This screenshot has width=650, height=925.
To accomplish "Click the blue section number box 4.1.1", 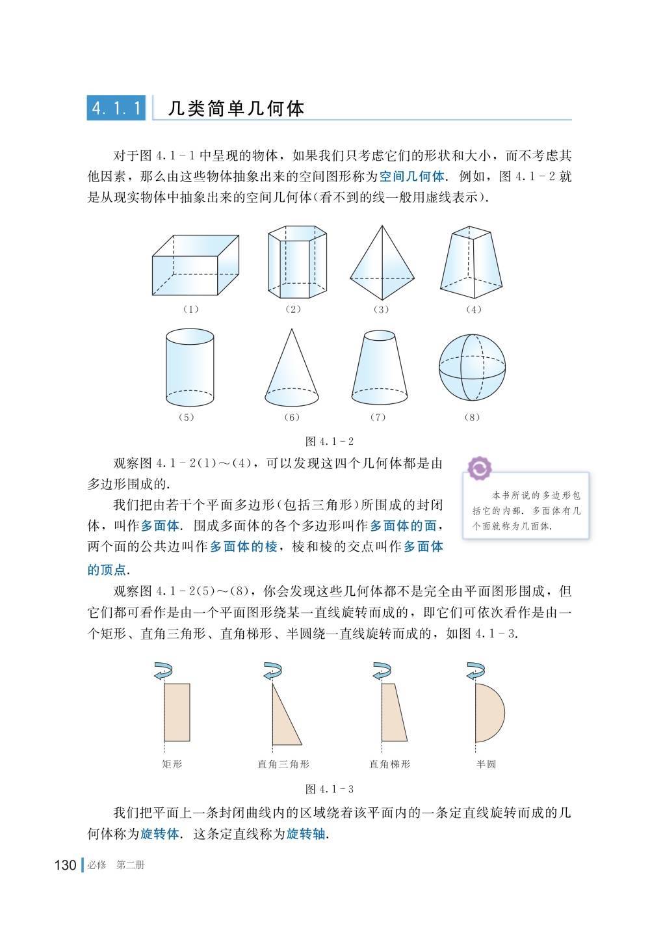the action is click(116, 108).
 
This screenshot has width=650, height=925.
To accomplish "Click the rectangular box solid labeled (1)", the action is click(196, 265).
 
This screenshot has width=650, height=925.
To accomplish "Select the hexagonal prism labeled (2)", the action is click(297, 261).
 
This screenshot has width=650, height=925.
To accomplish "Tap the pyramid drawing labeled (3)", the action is click(382, 263).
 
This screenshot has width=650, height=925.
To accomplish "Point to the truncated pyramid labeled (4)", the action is click(471, 261).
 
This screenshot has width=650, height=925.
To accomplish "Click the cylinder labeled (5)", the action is click(190, 368).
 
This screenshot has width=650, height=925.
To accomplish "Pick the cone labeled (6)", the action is click(292, 368).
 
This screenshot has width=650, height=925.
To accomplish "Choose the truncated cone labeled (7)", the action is click(379, 368).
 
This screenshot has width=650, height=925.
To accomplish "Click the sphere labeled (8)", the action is click(472, 368).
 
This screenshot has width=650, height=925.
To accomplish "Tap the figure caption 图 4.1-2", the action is click(330, 442).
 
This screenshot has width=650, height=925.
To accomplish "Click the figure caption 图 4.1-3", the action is click(330, 789).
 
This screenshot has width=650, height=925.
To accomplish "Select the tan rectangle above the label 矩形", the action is click(177, 712).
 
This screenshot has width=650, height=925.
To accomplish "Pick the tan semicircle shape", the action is click(490, 712).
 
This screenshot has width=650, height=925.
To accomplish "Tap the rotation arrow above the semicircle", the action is click(475, 670).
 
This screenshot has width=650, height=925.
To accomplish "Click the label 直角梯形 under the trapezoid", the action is click(389, 764).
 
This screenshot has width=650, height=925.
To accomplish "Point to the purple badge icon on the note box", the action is click(480, 468).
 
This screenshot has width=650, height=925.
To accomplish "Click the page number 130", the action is click(65, 865).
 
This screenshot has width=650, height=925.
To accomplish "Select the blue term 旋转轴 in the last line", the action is click(305, 834).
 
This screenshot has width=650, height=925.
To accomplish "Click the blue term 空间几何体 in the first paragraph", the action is click(411, 176).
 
